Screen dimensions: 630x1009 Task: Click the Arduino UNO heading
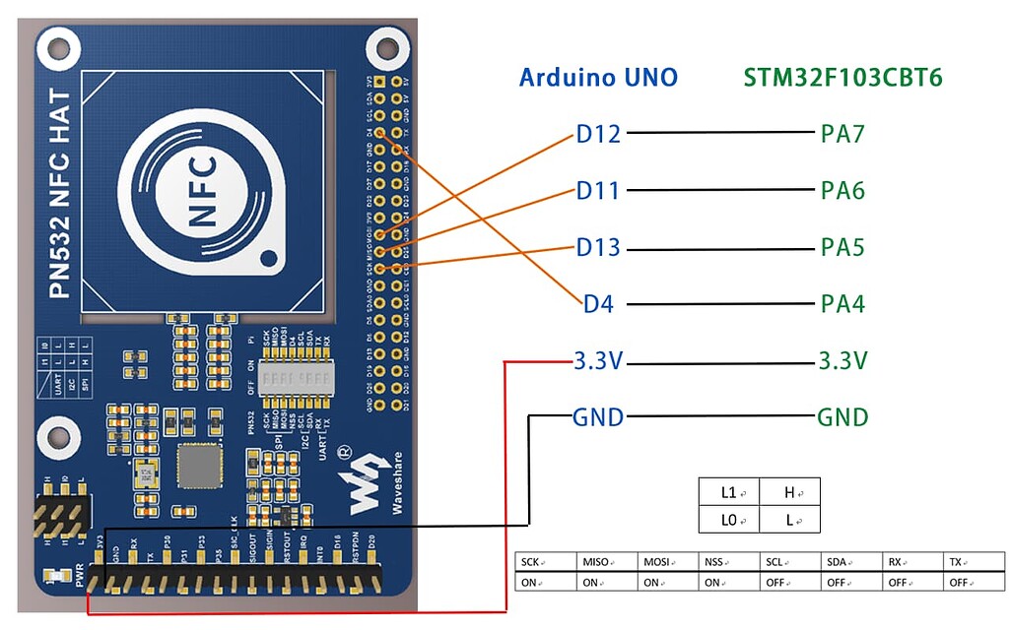pyautogui.click(x=598, y=78)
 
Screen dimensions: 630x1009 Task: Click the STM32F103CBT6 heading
pyautogui.click(x=842, y=78)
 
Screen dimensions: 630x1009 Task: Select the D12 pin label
pyautogui.click(x=598, y=134)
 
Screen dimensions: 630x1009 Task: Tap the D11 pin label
pyautogui.click(x=598, y=190)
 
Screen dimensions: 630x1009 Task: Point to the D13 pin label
pyautogui.click(x=598, y=247)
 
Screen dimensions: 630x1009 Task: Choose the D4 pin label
pyautogui.click(x=598, y=304)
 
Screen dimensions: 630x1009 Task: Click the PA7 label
pyautogui.click(x=842, y=134)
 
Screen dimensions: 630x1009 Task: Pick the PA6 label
pyautogui.click(x=842, y=190)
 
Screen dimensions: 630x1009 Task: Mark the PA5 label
pyautogui.click(x=842, y=247)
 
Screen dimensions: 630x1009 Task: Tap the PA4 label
pyautogui.click(x=842, y=304)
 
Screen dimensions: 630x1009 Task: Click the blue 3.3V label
pyautogui.click(x=598, y=361)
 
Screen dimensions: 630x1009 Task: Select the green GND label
pyautogui.click(x=842, y=417)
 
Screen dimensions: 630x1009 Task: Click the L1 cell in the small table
pyautogui.click(x=728, y=491)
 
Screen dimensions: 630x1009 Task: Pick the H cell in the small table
pyautogui.click(x=789, y=491)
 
